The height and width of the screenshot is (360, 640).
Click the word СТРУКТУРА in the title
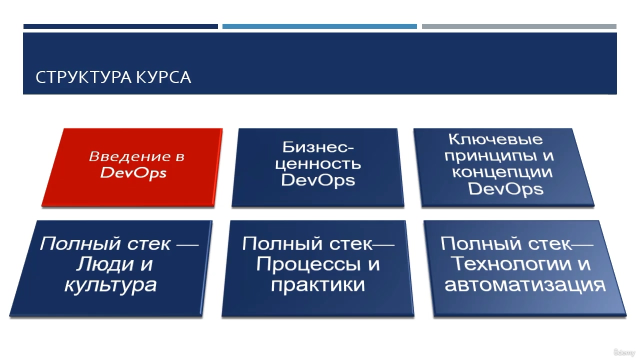[83, 77]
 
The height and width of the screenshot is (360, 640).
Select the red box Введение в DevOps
[132, 167]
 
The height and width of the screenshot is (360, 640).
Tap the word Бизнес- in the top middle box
[318, 147]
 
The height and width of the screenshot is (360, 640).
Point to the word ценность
[318, 164]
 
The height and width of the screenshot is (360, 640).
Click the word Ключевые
[495, 139]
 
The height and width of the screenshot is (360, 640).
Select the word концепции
[502, 173]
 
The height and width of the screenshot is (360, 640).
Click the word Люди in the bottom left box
[105, 264]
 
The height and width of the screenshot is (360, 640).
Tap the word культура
[110, 285]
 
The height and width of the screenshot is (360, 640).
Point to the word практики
[318, 285]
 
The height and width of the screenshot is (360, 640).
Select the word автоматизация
[525, 284]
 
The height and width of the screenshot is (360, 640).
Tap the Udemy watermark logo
[624, 352]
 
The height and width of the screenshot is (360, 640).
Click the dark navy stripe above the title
[120, 26]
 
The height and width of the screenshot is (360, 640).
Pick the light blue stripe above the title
[319, 26]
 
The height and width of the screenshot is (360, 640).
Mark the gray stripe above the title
[519, 26]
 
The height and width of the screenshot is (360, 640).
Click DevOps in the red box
[133, 173]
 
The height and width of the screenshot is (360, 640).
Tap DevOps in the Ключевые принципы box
[505, 189]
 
